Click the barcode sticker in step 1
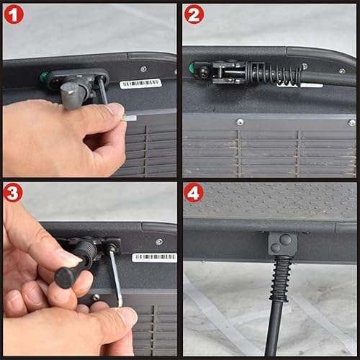point(140,84)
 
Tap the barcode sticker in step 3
point(154,257)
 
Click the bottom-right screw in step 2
point(351,123)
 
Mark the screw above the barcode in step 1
point(143,69)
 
